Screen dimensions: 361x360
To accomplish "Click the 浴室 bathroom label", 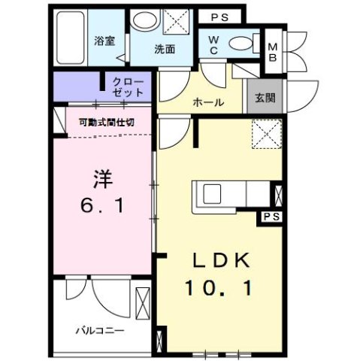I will coord(104,41).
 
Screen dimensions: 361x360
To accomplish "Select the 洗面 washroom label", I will coord(165,50).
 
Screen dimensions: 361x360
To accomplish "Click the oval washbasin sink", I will coord(141,23).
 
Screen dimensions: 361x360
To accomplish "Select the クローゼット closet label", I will coord(128,86).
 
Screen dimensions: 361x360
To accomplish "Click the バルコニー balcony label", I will coord(99,329).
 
